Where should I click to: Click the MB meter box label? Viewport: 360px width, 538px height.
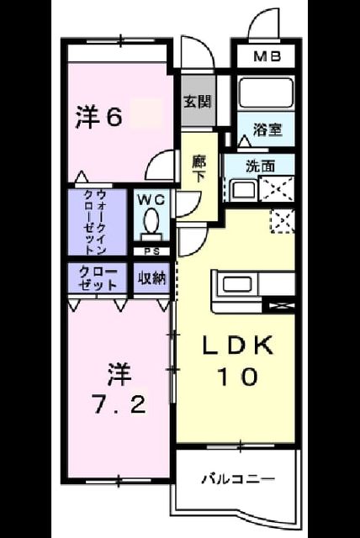267,56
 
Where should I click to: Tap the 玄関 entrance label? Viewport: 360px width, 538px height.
198,101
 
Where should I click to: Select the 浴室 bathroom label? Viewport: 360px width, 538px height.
267,129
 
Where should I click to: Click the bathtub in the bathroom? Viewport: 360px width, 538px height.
266,92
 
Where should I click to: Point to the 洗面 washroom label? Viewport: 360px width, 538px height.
261,166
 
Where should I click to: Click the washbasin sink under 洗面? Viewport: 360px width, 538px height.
244,190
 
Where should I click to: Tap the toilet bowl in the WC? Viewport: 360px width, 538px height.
151,221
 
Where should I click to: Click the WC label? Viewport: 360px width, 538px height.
151,200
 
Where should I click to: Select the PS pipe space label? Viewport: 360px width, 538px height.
151,252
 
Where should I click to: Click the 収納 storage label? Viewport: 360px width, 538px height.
151,278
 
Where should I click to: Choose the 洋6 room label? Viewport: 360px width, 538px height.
98,118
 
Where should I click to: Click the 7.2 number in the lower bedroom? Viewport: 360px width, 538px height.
119,405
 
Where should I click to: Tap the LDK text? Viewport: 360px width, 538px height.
238,345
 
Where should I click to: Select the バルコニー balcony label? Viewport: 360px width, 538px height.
237,478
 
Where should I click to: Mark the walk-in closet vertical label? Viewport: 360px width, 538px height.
95,222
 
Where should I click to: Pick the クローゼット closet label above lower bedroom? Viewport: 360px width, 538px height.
98,279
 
